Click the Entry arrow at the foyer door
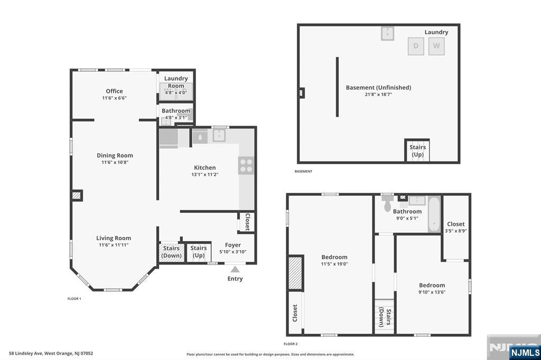pyautogui.click(x=235, y=269)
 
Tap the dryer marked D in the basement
pyautogui.click(x=416, y=46)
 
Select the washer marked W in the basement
pyautogui.click(x=436, y=46)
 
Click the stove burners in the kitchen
pyautogui.click(x=246, y=166)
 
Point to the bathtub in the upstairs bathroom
pyautogui.click(x=434, y=214)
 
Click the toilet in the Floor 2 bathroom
pyautogui.click(x=387, y=204)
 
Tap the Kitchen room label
pyautogui.click(x=205, y=167)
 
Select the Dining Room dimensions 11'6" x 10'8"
pyautogui.click(x=115, y=163)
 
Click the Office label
pyautogui.click(x=114, y=91)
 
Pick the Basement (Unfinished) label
pyautogui.click(x=378, y=88)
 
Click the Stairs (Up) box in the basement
pyautogui.click(x=417, y=150)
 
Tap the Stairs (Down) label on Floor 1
pyautogui.click(x=172, y=252)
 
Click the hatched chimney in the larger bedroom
pyautogui.click(x=295, y=273)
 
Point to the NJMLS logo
pyautogui.click(x=525, y=352)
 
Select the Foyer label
pyautogui.click(x=233, y=245)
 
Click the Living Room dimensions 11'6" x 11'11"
pyautogui.click(x=114, y=245)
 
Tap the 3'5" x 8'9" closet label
pyautogui.click(x=456, y=231)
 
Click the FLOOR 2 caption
pyautogui.click(x=291, y=344)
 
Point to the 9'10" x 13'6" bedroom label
pyautogui.click(x=432, y=292)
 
